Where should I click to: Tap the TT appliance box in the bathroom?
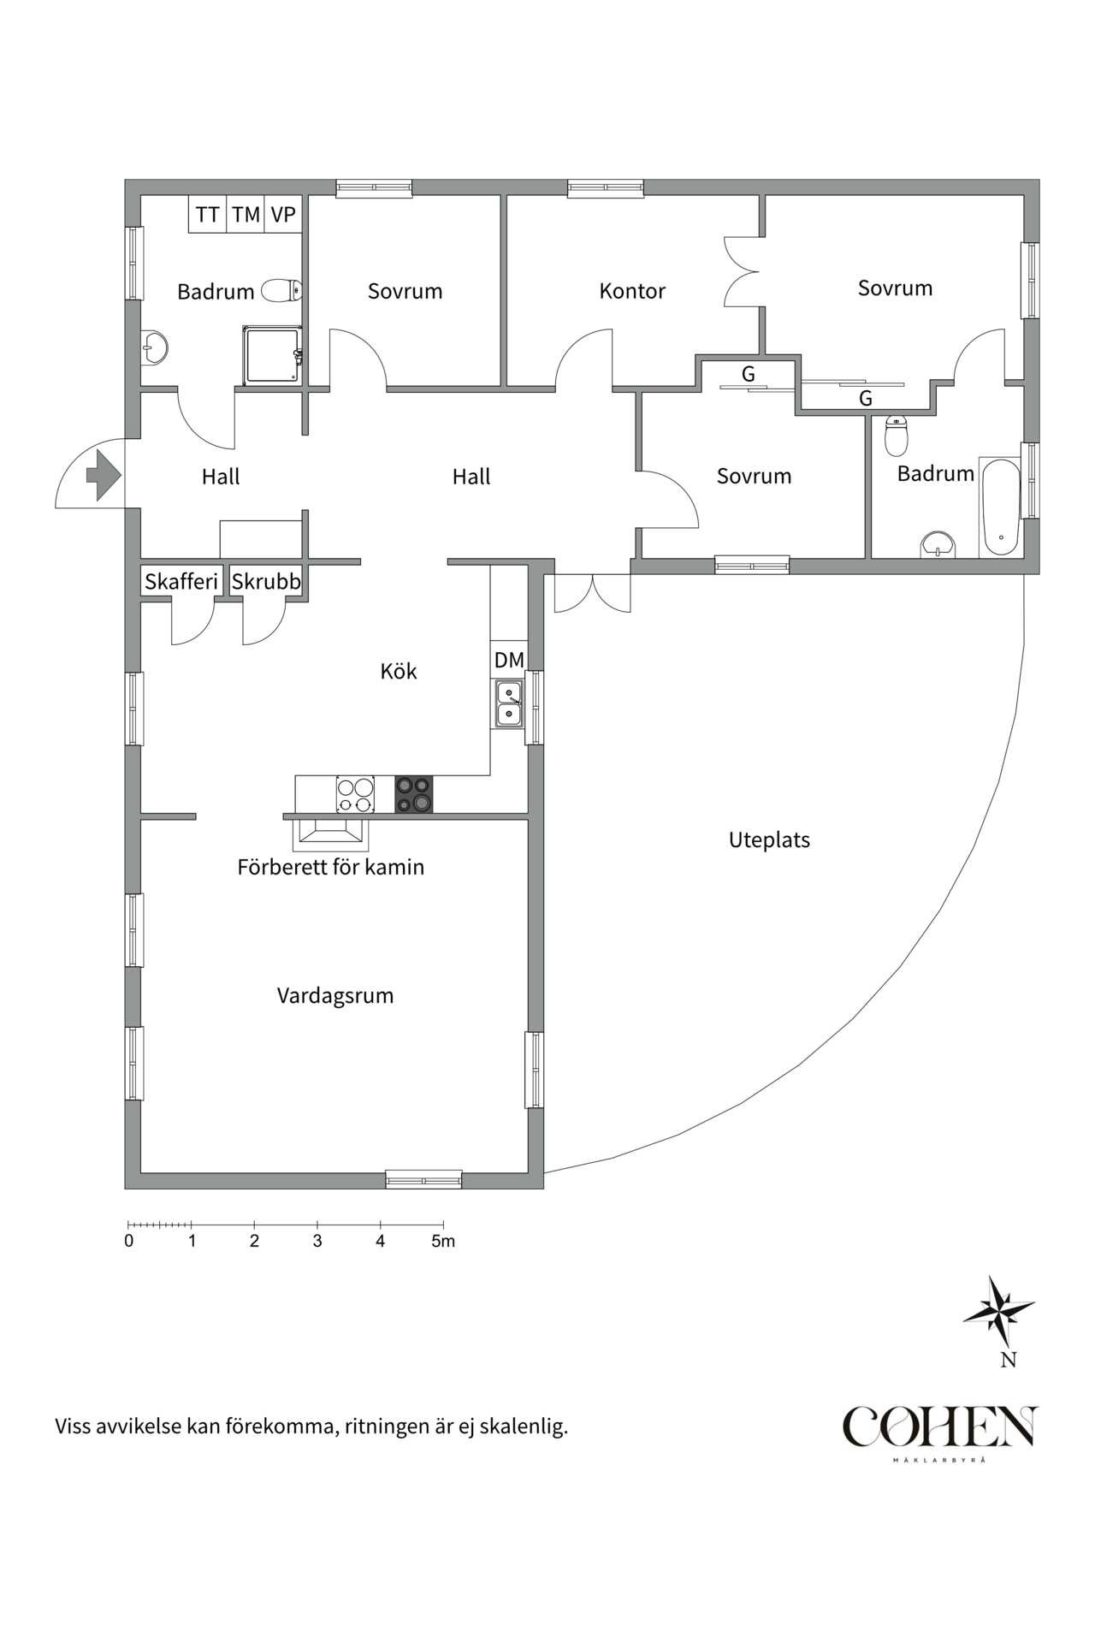(x=207, y=215)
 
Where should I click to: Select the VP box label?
(x=283, y=215)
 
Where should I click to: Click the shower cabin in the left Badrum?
(x=272, y=355)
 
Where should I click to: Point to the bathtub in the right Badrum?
(x=999, y=507)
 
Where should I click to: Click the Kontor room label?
(x=631, y=291)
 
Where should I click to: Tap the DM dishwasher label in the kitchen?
(x=509, y=660)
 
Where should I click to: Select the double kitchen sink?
(x=508, y=703)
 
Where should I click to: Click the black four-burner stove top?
(x=413, y=794)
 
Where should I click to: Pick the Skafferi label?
(x=181, y=582)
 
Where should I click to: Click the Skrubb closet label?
(x=266, y=582)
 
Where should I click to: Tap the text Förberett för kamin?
(x=330, y=867)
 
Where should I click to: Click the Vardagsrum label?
(x=334, y=995)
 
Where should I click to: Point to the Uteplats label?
(x=769, y=839)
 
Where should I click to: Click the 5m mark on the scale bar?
(x=443, y=1241)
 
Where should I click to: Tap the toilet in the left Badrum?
(x=281, y=290)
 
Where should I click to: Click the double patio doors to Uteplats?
(x=592, y=593)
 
